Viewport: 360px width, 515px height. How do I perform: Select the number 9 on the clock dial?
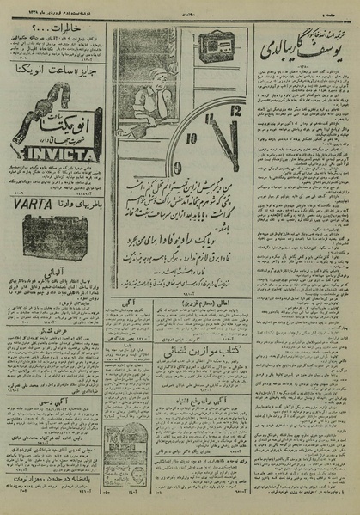(x=178, y=166)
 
